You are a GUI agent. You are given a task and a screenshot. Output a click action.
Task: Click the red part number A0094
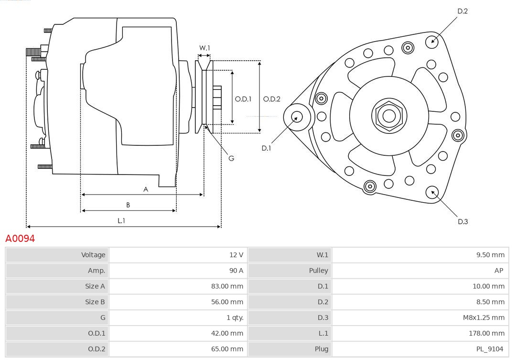(20, 238)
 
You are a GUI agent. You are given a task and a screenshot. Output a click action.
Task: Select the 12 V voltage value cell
(236, 255)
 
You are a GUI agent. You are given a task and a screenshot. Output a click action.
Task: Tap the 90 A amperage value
(236, 271)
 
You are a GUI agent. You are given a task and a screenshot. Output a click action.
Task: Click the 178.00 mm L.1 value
(488, 333)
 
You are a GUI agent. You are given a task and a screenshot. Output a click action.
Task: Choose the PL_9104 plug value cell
(490, 349)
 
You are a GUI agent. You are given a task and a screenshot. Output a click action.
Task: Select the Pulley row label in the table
(318, 271)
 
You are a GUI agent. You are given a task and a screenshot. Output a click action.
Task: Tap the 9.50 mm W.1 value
(490, 255)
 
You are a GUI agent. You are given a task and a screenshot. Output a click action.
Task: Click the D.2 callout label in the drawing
(462, 11)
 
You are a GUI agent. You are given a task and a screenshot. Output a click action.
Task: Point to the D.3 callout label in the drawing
(462, 221)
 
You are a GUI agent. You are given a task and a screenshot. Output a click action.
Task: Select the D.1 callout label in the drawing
(266, 148)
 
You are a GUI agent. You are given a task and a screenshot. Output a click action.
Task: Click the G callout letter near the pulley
(231, 158)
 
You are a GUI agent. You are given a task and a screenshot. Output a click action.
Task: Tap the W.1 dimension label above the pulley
(204, 48)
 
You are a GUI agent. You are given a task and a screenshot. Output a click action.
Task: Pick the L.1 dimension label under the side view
(121, 220)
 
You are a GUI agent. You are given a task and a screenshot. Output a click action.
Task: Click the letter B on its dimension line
(128, 205)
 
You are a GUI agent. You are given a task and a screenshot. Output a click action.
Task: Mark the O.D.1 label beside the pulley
(243, 99)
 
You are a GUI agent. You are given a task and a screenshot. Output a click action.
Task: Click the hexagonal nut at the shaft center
(389, 116)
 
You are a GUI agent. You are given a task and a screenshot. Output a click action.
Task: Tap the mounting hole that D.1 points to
(297, 116)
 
